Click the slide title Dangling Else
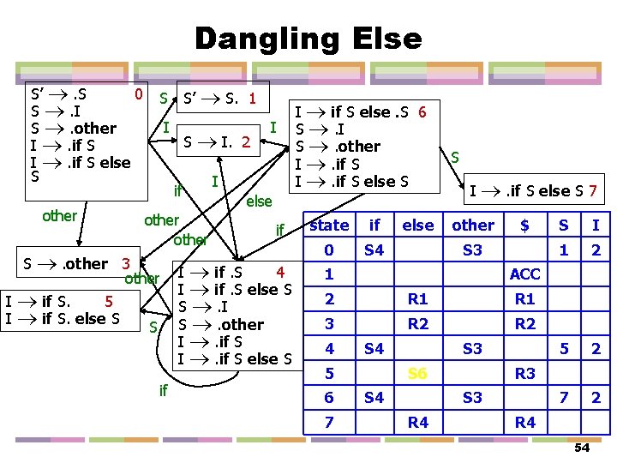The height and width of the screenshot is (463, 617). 308,39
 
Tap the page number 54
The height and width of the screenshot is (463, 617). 582,448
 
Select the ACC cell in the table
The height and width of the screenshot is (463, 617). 524,275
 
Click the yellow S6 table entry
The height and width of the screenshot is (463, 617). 417,373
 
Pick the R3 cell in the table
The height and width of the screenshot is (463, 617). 524,373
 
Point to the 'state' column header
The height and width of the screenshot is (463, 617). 329,225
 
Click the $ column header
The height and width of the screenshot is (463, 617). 524,225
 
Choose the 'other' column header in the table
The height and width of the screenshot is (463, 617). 473,225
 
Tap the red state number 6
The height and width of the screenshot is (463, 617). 422,111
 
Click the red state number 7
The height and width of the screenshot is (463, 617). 592,189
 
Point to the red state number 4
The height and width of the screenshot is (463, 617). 279,273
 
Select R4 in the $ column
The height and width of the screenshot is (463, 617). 524,422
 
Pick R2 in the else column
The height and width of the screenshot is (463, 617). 417,324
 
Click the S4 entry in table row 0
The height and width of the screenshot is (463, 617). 374,250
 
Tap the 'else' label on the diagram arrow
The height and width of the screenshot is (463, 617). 259,201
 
